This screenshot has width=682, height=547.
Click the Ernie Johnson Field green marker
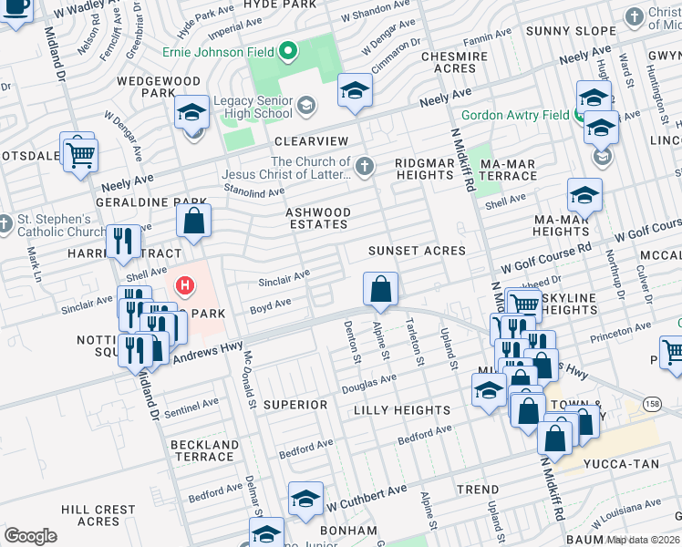tap(289, 49)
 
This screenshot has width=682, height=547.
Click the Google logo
tap(30, 536)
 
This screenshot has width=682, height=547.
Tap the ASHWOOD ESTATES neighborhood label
tap(317, 218)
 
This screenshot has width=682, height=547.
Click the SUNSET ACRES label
tap(417, 250)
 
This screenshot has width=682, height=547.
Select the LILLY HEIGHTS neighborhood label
tap(402, 410)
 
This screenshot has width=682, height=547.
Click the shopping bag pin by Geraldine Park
tap(193, 221)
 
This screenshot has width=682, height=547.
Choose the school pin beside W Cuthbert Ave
tap(305, 499)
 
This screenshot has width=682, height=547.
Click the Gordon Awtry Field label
tap(514, 116)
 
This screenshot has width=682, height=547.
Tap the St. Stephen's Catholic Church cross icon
tap(5, 223)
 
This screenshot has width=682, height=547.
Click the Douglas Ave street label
tap(369, 383)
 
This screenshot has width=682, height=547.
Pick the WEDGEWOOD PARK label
tap(158, 87)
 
